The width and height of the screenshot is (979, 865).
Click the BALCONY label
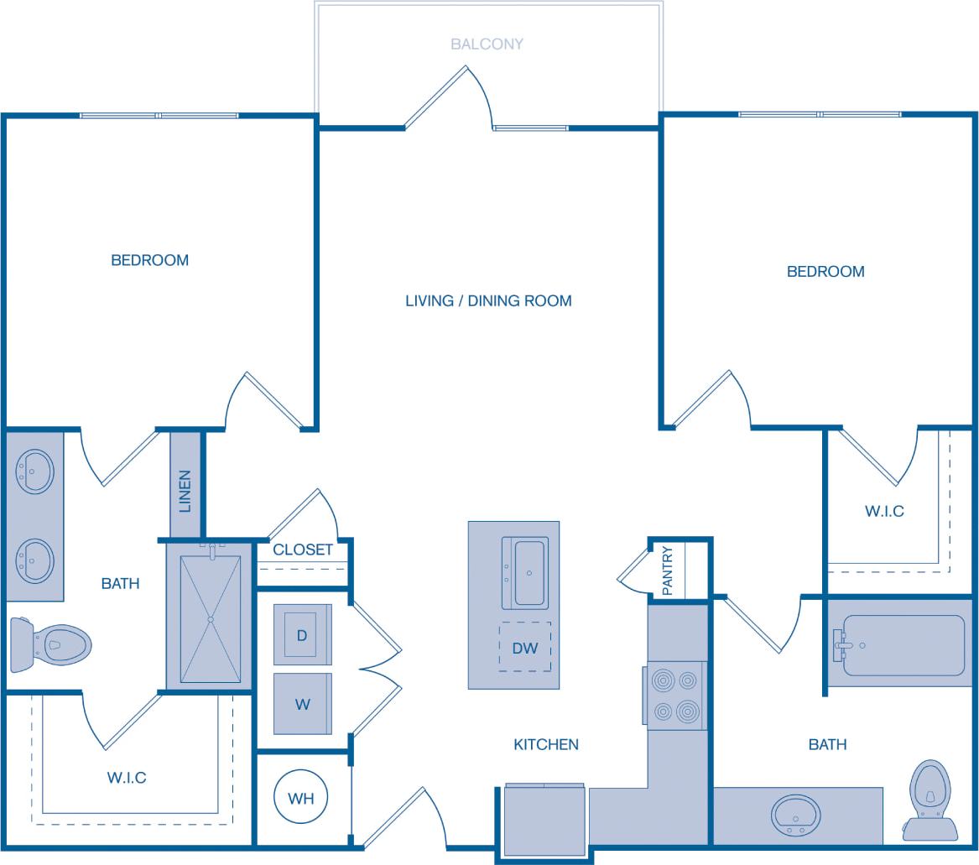tap(487, 44)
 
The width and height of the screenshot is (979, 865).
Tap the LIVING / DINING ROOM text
tap(488, 300)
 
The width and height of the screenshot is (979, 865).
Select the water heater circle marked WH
tap(301, 798)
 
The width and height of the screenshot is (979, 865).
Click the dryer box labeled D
tap(302, 634)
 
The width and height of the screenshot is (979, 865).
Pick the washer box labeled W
tap(302, 704)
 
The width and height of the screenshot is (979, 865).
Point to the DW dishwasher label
tap(525, 648)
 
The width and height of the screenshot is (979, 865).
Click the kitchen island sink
tap(525, 573)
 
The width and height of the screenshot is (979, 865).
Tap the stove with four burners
tap(675, 696)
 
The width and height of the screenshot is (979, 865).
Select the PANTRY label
tap(668, 571)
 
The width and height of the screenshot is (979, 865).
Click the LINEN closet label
tap(185, 491)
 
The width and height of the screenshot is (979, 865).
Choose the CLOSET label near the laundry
tap(303, 550)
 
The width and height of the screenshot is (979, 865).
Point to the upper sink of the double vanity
tap(35, 472)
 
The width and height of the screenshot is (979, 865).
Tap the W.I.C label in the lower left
tap(127, 778)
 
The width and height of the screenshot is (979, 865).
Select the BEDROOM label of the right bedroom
tap(825, 272)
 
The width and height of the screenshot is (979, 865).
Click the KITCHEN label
tap(546, 744)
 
